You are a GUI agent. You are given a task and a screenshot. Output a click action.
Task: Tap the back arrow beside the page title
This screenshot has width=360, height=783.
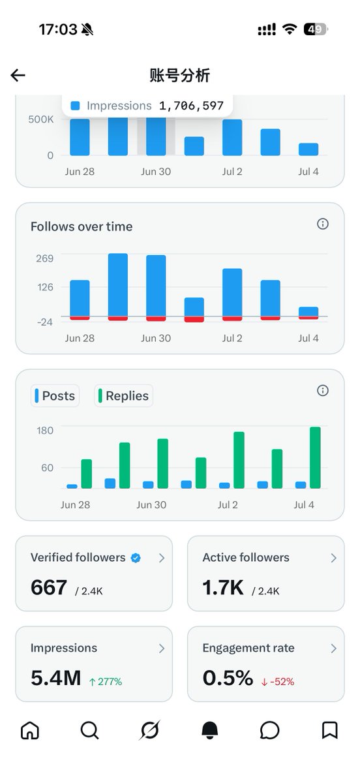(18, 75)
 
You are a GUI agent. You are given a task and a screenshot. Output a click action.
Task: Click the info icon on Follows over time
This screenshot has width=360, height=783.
(323, 224)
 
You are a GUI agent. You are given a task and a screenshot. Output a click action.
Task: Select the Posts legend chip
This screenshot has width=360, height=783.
(55, 395)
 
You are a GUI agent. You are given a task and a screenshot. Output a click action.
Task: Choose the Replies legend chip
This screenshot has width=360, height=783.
(124, 395)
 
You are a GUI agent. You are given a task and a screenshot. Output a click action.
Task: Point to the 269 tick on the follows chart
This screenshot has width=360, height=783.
(45, 258)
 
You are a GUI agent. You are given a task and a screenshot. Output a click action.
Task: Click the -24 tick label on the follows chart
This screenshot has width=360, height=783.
(45, 322)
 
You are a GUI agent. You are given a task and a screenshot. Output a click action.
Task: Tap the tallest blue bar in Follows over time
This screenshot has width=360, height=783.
(118, 285)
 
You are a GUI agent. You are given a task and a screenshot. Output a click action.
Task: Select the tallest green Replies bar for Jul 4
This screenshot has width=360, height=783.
(315, 457)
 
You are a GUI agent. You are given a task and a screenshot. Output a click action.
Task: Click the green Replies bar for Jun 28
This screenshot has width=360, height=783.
(87, 474)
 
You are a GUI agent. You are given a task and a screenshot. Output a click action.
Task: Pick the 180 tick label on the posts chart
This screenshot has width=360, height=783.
(45, 430)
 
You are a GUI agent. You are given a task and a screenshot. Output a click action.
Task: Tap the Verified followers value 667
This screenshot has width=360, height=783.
(48, 587)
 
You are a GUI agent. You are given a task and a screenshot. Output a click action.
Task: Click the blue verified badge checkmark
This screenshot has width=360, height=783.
(136, 558)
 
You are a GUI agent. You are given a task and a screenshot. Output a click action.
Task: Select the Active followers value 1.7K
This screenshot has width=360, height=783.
(223, 587)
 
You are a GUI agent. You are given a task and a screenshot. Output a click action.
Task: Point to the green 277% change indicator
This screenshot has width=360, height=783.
(106, 682)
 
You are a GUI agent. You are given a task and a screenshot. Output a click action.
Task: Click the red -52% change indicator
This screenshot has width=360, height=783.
(278, 682)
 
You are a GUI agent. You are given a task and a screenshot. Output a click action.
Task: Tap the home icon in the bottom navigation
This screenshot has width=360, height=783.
(30, 730)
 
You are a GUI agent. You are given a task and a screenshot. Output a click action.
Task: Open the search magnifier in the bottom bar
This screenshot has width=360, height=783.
(90, 730)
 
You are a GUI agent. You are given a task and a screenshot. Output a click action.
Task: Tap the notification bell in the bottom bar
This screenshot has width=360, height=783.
(210, 730)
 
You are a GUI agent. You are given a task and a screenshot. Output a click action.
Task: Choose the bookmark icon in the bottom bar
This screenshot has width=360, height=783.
(329, 730)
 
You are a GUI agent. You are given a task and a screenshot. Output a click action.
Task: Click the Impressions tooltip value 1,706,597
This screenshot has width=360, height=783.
(191, 106)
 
